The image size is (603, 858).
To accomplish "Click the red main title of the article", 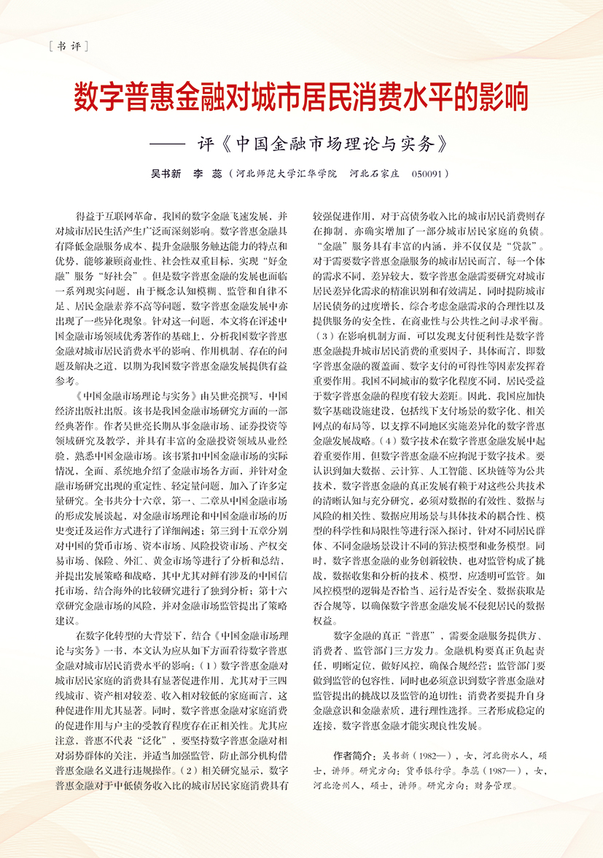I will coord(301,97).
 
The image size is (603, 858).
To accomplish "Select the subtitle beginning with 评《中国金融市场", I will coord(322,142).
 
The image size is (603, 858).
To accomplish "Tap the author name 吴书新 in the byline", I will coord(166,175).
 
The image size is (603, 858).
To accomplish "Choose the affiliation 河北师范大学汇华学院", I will coord(287,175).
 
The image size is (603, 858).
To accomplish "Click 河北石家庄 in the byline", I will coord(373,175).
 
